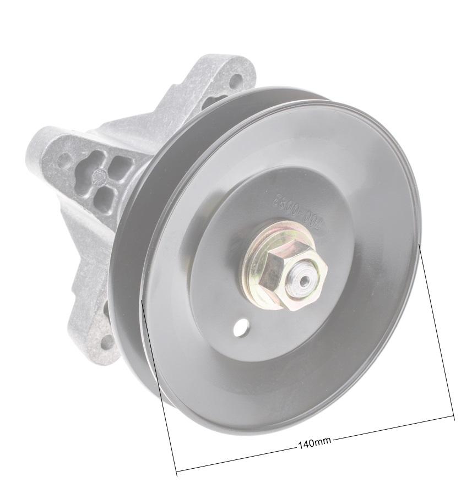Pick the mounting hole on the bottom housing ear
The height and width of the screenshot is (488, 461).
(107, 342)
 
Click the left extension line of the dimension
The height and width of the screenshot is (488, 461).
(159, 385)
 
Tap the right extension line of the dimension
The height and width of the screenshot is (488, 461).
(437, 330)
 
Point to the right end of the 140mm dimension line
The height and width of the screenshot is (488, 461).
(454, 416)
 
